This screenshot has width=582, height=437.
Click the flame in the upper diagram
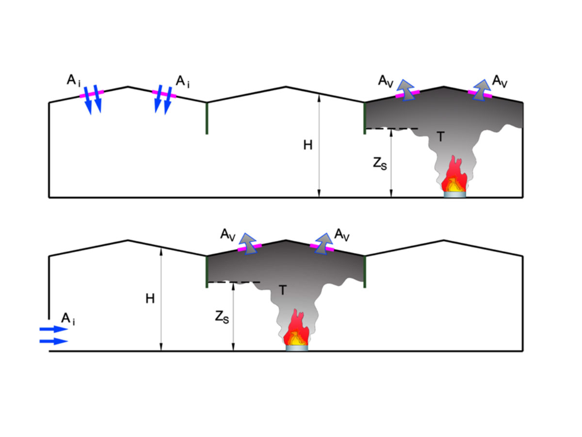click(454, 176)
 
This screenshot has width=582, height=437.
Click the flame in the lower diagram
click(296, 329)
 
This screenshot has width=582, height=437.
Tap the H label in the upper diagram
click(308, 145)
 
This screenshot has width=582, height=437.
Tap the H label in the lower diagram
click(150, 299)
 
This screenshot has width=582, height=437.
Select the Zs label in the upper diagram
click(379, 164)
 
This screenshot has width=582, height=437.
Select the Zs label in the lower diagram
click(221, 318)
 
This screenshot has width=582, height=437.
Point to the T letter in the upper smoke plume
click(439, 137)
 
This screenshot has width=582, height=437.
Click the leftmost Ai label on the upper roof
click(73, 81)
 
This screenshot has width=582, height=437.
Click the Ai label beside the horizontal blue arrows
click(68, 319)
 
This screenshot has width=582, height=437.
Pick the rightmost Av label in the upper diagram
click(500, 81)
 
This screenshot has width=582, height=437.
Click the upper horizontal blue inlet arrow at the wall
click(53, 329)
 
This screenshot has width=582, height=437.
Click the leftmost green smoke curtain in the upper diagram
click(207, 118)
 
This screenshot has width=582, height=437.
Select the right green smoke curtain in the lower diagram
click(365, 271)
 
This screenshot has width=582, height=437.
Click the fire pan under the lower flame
click(296, 348)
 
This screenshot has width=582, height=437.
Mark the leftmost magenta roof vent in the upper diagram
click(92, 94)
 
